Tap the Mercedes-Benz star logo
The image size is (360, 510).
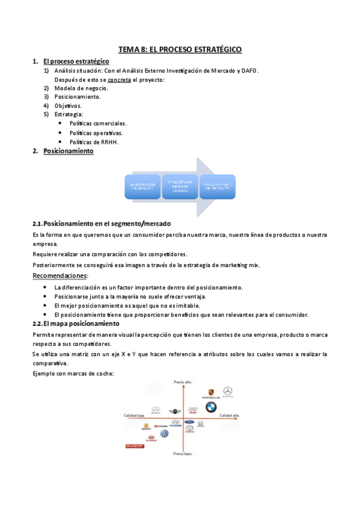227,392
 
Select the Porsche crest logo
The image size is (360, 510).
210,392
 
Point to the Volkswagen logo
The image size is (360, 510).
165,434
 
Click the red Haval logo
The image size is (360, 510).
134,446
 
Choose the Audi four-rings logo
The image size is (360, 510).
193,411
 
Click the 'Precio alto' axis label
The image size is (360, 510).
182,382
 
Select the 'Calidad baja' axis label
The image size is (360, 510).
134,416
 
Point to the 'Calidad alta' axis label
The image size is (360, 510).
230,416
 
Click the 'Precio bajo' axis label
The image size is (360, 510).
182,453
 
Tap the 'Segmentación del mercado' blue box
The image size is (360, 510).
142,186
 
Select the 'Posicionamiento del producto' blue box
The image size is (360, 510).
217,186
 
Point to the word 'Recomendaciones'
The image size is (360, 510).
59,276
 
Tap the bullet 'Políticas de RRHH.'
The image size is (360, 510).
94,142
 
